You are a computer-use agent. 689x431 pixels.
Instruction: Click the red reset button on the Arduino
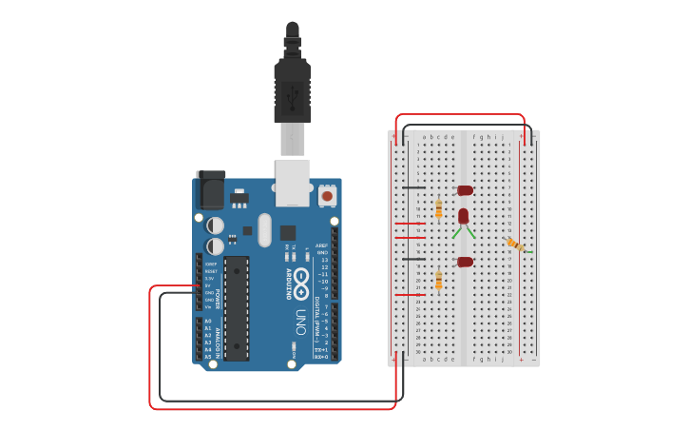click(x=327, y=195)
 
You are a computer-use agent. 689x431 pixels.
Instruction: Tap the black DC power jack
click(x=210, y=190)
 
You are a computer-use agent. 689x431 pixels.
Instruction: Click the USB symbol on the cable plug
click(x=292, y=94)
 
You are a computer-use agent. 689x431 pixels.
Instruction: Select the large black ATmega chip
click(x=236, y=307)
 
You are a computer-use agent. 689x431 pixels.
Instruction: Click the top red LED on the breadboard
click(x=465, y=190)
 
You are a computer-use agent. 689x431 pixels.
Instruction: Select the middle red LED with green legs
click(x=463, y=216)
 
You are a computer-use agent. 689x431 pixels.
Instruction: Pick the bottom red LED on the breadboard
click(x=465, y=262)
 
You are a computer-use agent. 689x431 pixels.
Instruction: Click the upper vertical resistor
click(x=438, y=208)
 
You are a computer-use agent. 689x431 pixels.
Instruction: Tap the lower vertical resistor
click(x=438, y=280)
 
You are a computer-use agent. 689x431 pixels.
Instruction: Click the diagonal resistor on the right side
click(x=515, y=245)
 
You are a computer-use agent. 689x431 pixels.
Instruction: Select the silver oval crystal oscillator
click(x=264, y=229)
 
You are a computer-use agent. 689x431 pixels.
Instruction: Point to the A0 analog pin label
click(x=208, y=322)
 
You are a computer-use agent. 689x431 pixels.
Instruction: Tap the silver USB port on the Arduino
click(x=293, y=182)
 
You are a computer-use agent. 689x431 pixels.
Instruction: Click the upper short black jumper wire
click(x=413, y=187)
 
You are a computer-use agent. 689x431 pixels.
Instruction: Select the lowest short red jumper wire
click(x=410, y=295)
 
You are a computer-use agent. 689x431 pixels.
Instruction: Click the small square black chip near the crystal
click(x=287, y=232)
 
